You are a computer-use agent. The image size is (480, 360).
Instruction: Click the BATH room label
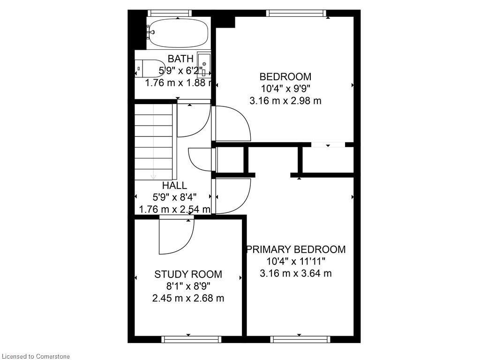[180, 59]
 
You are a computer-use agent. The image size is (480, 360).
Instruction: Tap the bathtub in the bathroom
[178, 33]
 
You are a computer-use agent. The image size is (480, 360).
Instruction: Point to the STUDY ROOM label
[188, 274]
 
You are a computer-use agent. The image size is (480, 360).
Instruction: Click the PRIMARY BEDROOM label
[296, 249]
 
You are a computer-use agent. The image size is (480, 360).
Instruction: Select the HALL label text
[174, 186]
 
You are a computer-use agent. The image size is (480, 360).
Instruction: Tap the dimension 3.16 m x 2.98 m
[285, 100]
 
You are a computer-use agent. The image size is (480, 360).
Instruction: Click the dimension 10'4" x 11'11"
[296, 261]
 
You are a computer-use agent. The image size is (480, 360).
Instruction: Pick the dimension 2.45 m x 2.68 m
[188, 298]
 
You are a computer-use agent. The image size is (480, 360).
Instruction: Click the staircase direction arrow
[153, 175]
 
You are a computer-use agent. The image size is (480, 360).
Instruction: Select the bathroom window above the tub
[169, 13]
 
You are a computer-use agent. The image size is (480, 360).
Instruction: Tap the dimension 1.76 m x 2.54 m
[174, 209]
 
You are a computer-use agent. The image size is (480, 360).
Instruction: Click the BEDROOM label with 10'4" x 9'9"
[285, 76]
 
